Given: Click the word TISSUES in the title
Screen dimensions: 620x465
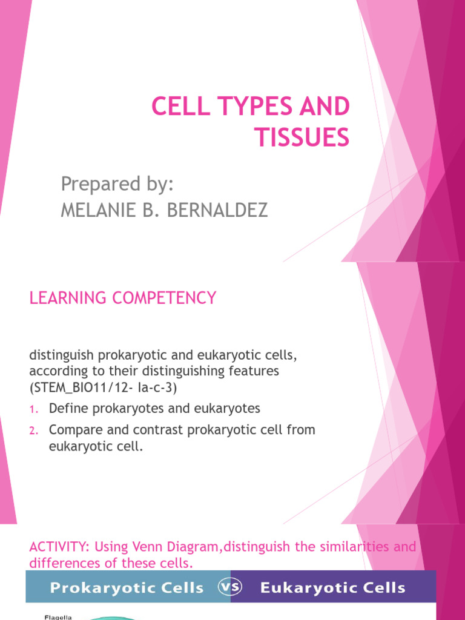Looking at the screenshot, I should pos(302,138).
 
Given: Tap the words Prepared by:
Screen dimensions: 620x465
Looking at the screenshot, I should pos(118,183).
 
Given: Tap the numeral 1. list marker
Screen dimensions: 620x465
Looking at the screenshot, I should pos(34,409).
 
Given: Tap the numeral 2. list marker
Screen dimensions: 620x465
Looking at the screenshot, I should pos(34,430).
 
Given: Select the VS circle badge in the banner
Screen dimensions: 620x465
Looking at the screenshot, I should pos(230,587).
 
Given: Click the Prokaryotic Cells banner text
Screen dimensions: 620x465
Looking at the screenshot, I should pos(128,587).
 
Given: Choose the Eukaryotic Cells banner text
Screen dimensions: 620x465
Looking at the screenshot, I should pos(333,587).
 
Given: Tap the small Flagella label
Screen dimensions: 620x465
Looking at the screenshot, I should pos(58,617).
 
